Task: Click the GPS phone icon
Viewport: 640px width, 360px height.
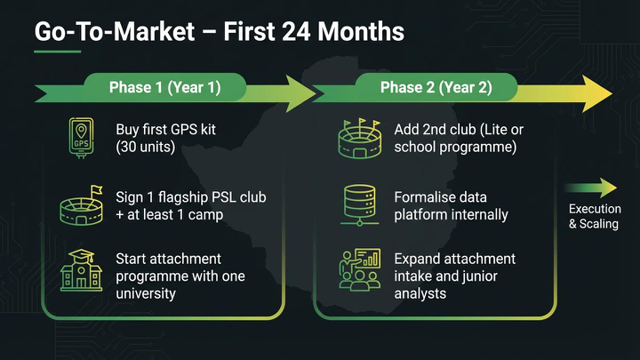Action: point(81,138)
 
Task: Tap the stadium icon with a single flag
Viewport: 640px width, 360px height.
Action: point(81,205)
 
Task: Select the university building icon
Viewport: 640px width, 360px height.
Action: point(81,270)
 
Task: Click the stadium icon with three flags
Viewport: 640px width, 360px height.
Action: point(360,139)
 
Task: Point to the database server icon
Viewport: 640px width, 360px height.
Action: point(360,205)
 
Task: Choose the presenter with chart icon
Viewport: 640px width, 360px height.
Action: point(360,270)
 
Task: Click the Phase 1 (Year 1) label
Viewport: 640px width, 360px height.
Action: point(165,87)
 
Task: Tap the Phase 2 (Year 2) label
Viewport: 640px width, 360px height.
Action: point(436,87)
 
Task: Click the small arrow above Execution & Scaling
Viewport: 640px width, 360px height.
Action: point(590,188)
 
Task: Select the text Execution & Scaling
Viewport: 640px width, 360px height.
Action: point(595,216)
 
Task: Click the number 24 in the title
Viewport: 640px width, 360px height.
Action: point(295,32)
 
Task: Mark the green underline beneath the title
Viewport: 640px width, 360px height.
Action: point(58,52)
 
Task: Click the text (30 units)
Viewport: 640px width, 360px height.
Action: point(145,147)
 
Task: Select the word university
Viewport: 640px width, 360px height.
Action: point(146,293)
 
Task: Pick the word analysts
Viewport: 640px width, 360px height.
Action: point(420,293)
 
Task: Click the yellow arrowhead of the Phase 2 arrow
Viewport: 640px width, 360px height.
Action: point(597,93)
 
